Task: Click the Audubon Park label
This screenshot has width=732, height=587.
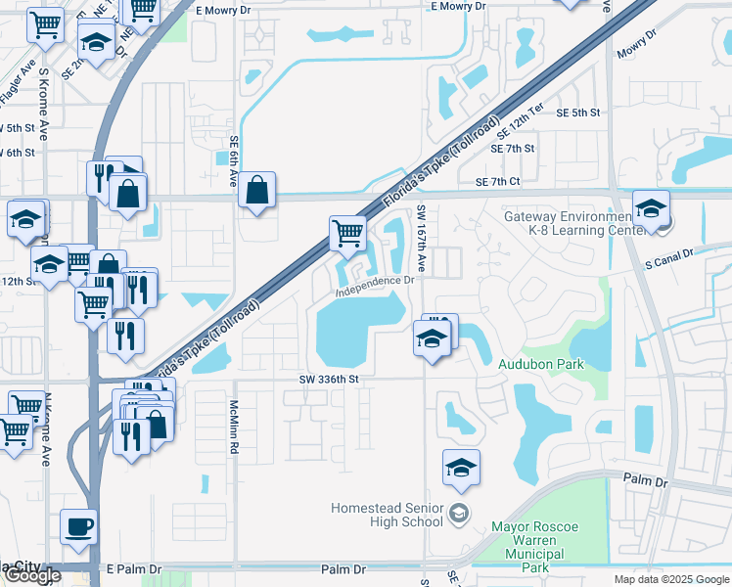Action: pyautogui.click(x=541, y=364)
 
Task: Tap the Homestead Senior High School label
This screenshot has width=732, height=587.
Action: pyautogui.click(x=387, y=516)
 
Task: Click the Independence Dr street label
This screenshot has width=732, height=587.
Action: pyautogui.click(x=375, y=286)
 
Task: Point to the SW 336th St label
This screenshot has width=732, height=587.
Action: pyautogui.click(x=330, y=379)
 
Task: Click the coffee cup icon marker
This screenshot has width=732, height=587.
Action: pyautogui.click(x=79, y=526)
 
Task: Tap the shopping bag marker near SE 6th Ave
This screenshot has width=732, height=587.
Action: pyautogui.click(x=256, y=192)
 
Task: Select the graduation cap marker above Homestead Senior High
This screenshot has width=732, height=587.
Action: pyautogui.click(x=461, y=469)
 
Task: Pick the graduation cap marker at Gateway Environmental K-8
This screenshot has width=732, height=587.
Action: pyautogui.click(x=651, y=208)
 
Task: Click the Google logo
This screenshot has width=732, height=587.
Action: pyautogui.click(x=32, y=575)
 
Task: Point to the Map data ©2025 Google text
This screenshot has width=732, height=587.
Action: pyautogui.click(x=670, y=579)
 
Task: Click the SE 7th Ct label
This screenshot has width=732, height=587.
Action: pyautogui.click(x=498, y=182)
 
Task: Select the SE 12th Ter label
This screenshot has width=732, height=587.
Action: pyautogui.click(x=520, y=121)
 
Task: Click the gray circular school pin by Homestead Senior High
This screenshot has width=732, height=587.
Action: pyautogui.click(x=457, y=514)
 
